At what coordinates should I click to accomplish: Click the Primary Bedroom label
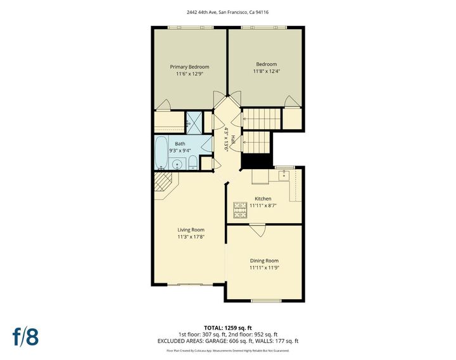189,67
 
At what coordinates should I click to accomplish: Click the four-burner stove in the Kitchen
240,207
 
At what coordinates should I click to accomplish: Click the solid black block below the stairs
256,161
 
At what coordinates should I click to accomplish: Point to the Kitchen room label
263,198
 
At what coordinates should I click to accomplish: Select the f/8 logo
26,337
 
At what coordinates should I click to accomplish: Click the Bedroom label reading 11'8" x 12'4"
267,72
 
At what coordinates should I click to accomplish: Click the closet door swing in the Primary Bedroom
163,105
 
